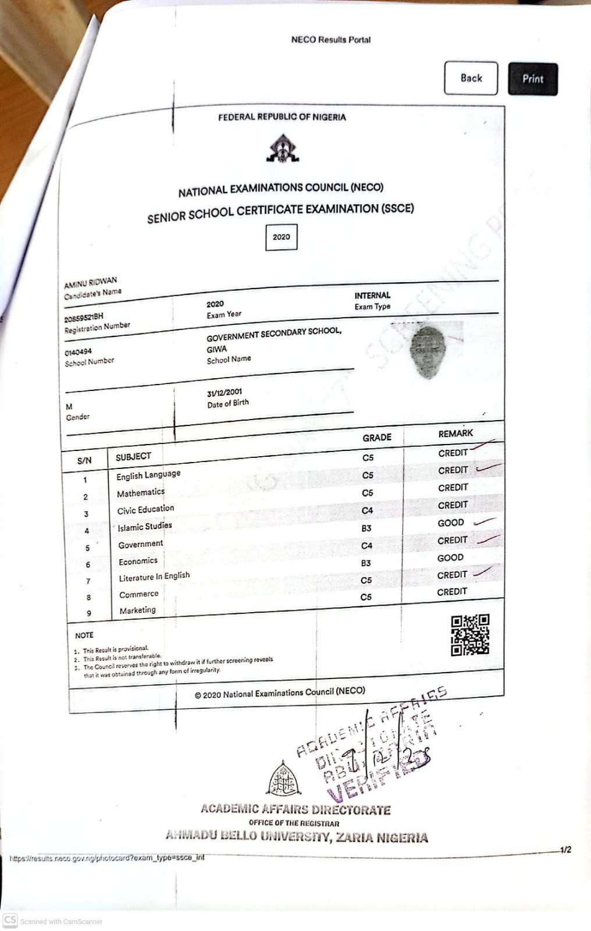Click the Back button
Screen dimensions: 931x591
(x=471, y=78)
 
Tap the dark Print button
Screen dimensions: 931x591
(x=532, y=79)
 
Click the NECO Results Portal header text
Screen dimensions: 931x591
(x=330, y=40)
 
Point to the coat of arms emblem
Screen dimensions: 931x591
(x=282, y=148)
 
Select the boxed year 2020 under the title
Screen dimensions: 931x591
(x=281, y=237)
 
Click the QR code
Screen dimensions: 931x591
(x=470, y=635)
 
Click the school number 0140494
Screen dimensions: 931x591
(x=78, y=351)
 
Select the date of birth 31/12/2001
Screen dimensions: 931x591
(x=224, y=392)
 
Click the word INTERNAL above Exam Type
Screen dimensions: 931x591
(x=372, y=295)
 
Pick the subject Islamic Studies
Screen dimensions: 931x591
(x=145, y=527)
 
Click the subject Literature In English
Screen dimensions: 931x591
(x=154, y=577)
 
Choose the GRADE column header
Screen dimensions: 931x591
(x=377, y=438)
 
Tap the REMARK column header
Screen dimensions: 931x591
(x=455, y=433)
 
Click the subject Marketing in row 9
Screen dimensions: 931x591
(x=137, y=610)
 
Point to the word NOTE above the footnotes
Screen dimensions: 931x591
(x=84, y=635)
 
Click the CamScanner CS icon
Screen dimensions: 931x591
(x=10, y=920)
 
